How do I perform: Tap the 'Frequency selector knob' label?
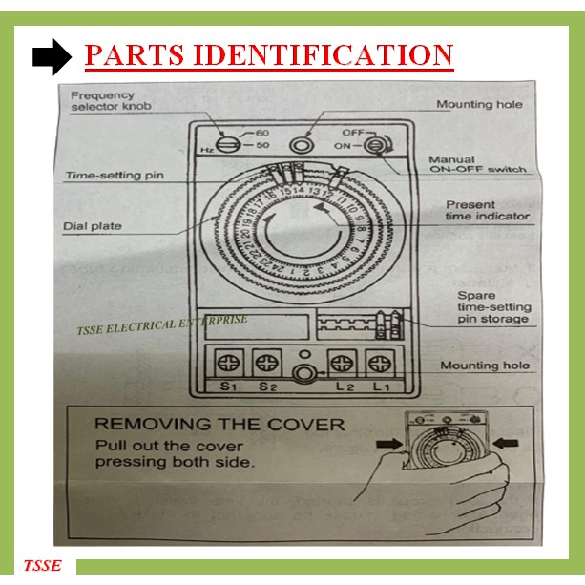pos(104,101)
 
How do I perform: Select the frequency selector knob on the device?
pos(226,145)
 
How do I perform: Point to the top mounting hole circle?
pos(303,144)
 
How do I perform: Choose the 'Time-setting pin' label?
pos(108,177)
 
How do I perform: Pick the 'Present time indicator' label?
pos(487,210)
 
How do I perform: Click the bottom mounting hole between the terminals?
pos(303,375)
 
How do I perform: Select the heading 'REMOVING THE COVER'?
pos(219,424)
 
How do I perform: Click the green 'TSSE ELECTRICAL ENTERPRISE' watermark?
pos(161,325)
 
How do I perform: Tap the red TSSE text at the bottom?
pos(42,566)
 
